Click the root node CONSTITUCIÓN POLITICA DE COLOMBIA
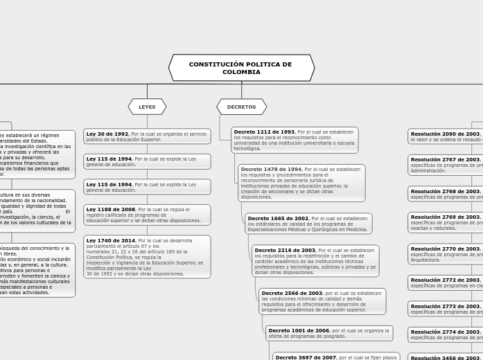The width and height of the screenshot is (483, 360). coord(241,68)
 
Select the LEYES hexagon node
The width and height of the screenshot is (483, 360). coord(147,107)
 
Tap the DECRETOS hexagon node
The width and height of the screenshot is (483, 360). coord(241,107)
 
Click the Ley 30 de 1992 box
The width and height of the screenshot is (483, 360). coord(147,136)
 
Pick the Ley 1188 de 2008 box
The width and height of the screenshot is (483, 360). coord(147,215)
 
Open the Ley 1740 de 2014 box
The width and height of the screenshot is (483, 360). coord(147,257)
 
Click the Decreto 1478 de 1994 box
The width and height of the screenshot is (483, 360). coord(301,183)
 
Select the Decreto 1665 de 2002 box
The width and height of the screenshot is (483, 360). coord(308,224)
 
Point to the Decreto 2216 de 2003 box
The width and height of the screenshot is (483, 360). coord(315,261)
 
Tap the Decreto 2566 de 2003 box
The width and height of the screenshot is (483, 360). coord(322,301)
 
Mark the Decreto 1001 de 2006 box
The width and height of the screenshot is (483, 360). coord(329,334)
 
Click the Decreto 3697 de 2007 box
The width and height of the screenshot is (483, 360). coord(337,357)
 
